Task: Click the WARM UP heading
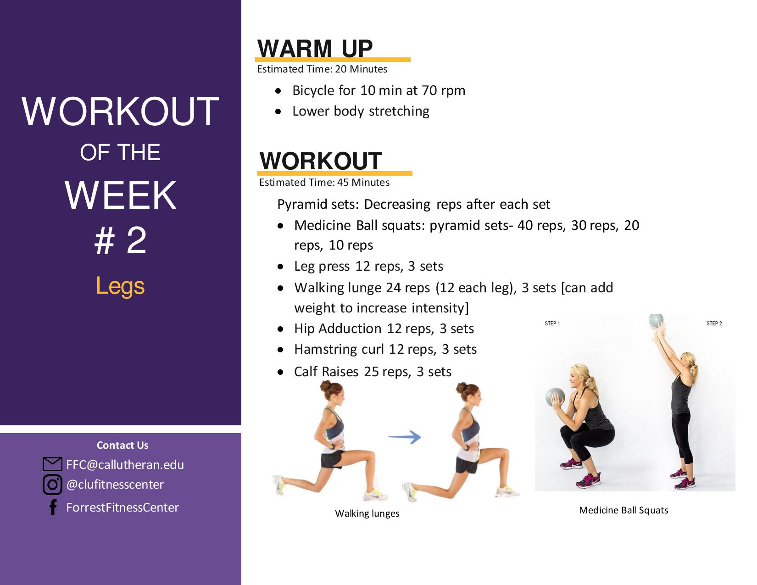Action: [315, 49]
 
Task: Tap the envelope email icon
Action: [52, 464]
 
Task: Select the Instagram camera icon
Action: [52, 485]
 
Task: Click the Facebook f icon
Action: [53, 507]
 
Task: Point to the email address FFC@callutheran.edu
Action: [125, 465]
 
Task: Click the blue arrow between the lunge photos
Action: [405, 437]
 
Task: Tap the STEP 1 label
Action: [552, 323]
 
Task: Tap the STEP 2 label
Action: [714, 323]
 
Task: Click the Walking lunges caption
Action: [367, 513]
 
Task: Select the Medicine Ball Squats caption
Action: [623, 510]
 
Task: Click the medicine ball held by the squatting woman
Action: [555, 397]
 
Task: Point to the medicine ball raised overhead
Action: [657, 322]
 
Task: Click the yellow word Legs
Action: [120, 286]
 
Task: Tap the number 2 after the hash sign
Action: [136, 240]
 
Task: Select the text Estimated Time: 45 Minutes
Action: [324, 182]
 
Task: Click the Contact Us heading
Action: [122, 445]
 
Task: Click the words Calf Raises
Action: [326, 371]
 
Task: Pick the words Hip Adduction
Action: [338, 329]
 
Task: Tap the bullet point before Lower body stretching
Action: [278, 111]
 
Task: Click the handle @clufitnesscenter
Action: [115, 485]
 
